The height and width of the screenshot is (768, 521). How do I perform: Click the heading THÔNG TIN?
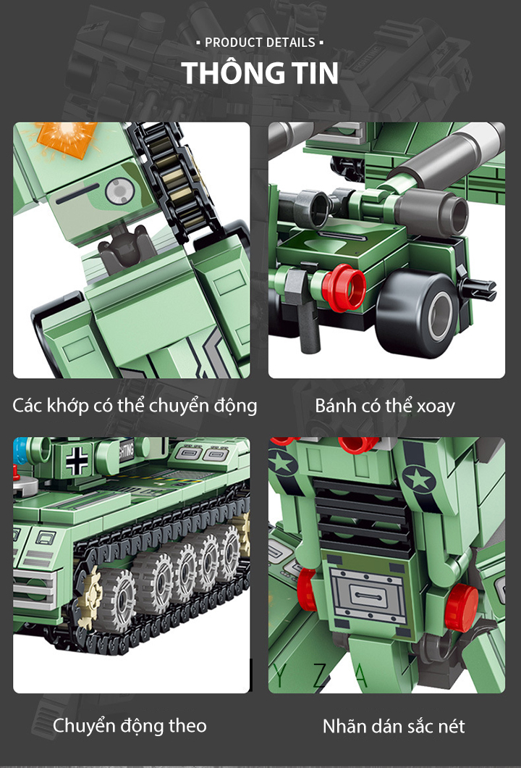pyautogui.click(x=260, y=73)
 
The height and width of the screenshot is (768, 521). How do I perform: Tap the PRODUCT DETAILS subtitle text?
pyautogui.click(x=260, y=43)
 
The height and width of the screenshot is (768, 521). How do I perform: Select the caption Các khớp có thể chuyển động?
pyautogui.click(x=135, y=406)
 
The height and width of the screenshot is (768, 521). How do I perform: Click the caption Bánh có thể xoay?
pyautogui.click(x=385, y=406)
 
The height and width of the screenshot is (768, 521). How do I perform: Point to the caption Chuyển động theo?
pyautogui.click(x=130, y=726)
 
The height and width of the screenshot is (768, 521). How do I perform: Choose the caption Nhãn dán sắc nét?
pyautogui.click(x=394, y=726)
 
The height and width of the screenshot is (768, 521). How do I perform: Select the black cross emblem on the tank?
pyautogui.click(x=77, y=461)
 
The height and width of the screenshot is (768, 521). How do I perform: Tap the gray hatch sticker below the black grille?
pyautogui.click(x=367, y=596)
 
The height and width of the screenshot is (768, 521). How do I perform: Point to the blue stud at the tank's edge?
pyautogui.click(x=20, y=452)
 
